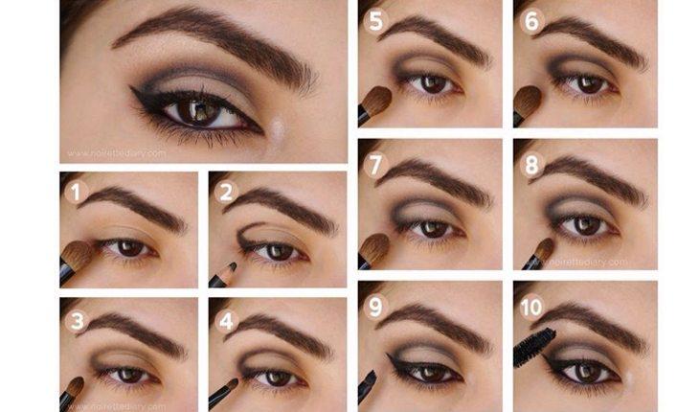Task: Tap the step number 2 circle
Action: [225, 192]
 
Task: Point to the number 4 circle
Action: [225, 321]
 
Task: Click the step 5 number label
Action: [373, 20]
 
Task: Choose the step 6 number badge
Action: [530, 20]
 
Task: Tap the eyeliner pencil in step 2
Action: [223, 274]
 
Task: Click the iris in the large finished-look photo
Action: [204, 113]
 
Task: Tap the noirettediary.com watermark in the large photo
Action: [116, 152]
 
